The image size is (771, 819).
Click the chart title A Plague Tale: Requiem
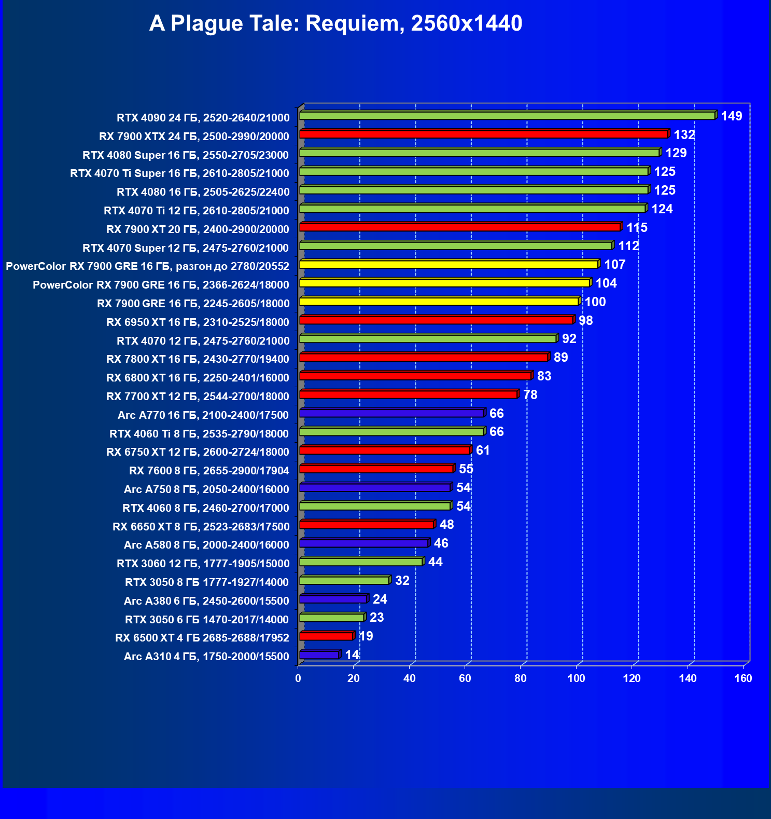point(335,23)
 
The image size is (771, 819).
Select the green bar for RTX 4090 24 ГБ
point(507,116)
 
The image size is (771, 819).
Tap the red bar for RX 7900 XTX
point(483,134)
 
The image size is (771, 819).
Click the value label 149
point(731,116)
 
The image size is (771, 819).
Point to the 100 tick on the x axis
point(576,678)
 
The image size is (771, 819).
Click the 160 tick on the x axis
point(743,678)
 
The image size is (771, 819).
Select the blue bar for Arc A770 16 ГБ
point(391,413)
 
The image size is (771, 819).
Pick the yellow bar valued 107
point(448,265)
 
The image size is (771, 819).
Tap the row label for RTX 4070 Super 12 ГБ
point(186,248)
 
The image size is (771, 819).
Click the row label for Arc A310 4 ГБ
point(206,657)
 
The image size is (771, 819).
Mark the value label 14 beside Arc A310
point(352,655)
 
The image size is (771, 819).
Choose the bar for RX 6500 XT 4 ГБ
point(326,636)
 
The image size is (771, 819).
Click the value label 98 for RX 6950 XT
point(585,321)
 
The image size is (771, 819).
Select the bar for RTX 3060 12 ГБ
point(361,562)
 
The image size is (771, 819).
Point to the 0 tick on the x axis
point(298,678)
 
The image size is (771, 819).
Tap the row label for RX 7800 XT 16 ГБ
point(198,359)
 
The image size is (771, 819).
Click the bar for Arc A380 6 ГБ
point(333,599)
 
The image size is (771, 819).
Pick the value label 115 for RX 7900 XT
point(637,228)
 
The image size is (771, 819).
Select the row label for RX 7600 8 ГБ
point(209,471)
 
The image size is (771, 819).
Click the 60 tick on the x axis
point(465,678)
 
